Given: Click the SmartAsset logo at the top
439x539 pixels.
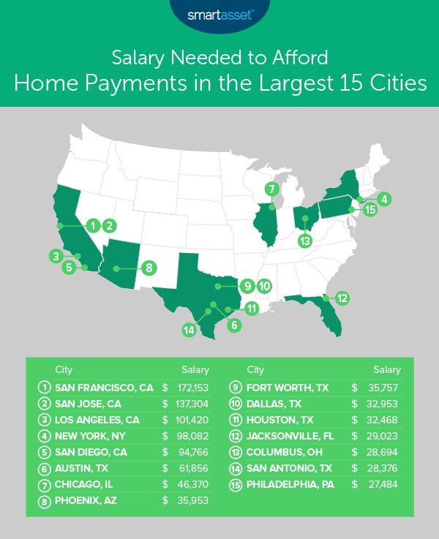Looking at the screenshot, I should tap(219, 14).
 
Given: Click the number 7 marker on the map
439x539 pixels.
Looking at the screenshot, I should tap(271, 189).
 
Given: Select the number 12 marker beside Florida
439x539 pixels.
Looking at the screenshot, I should tap(341, 297).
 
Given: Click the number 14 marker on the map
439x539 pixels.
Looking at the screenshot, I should tap(190, 330).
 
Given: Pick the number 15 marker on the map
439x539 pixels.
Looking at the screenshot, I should tap(370, 209).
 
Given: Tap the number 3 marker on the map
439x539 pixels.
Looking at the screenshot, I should tap(55, 255).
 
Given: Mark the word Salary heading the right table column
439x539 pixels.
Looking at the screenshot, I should tap(386, 369).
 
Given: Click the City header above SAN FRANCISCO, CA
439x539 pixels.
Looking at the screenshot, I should tap(64, 369).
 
